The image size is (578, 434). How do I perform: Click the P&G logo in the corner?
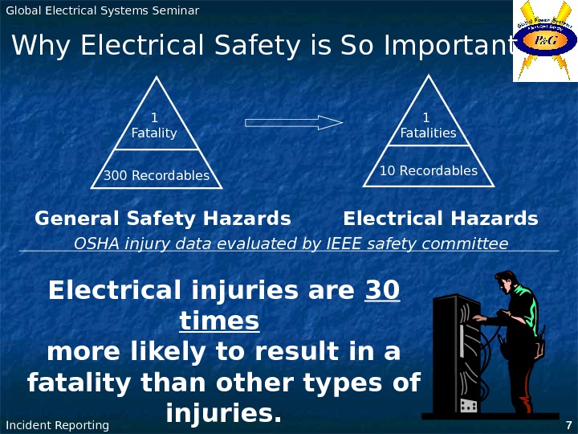545,41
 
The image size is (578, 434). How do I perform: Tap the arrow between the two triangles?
294,122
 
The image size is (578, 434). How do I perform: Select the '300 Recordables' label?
157,175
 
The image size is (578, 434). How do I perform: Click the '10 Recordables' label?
428,170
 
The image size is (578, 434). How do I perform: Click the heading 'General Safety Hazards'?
163,219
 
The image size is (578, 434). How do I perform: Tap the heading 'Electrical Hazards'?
440,219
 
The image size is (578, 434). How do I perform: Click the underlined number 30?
383,289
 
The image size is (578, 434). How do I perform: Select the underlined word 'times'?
219,321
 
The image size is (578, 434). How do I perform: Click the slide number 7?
568,425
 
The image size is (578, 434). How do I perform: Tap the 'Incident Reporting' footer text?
57,425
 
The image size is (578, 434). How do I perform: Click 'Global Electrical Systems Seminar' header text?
102,10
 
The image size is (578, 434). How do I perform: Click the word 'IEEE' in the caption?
345,244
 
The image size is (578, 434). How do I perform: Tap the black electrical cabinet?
455,354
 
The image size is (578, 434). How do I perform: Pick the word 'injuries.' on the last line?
224,414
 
